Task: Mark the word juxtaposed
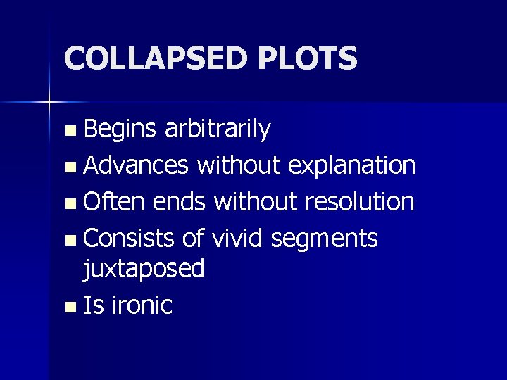click(144, 268)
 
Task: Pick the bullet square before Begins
click(68, 131)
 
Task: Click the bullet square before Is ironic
click(68, 307)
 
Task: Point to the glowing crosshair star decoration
click(49, 103)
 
